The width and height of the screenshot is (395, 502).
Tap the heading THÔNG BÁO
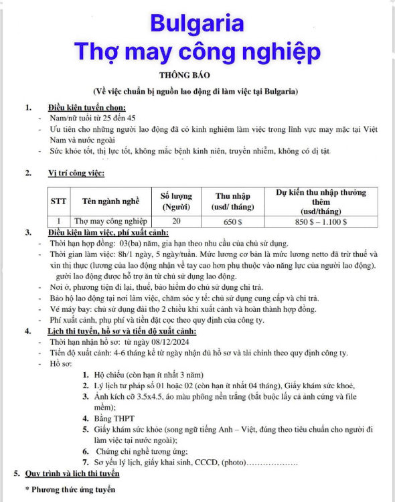185,75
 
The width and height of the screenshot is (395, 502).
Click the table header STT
58,201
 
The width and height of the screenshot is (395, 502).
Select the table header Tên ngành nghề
111,201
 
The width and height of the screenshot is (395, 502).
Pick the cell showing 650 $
232,222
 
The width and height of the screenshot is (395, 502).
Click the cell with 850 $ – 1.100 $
321,222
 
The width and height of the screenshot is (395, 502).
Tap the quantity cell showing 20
176,221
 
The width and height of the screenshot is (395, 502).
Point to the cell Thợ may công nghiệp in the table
110,222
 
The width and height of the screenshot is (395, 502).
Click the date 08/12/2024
170,342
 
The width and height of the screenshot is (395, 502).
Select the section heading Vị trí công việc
76,173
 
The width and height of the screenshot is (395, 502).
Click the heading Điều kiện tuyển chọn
87,108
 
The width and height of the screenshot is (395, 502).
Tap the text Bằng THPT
114,418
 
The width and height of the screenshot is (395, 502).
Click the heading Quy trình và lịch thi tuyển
72,473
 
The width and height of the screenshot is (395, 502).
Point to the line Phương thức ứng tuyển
73,489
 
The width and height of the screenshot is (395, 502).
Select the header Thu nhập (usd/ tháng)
232,201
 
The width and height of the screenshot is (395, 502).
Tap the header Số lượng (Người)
176,201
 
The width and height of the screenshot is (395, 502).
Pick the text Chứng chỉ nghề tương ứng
142,451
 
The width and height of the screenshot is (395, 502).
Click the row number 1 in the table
59,222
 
